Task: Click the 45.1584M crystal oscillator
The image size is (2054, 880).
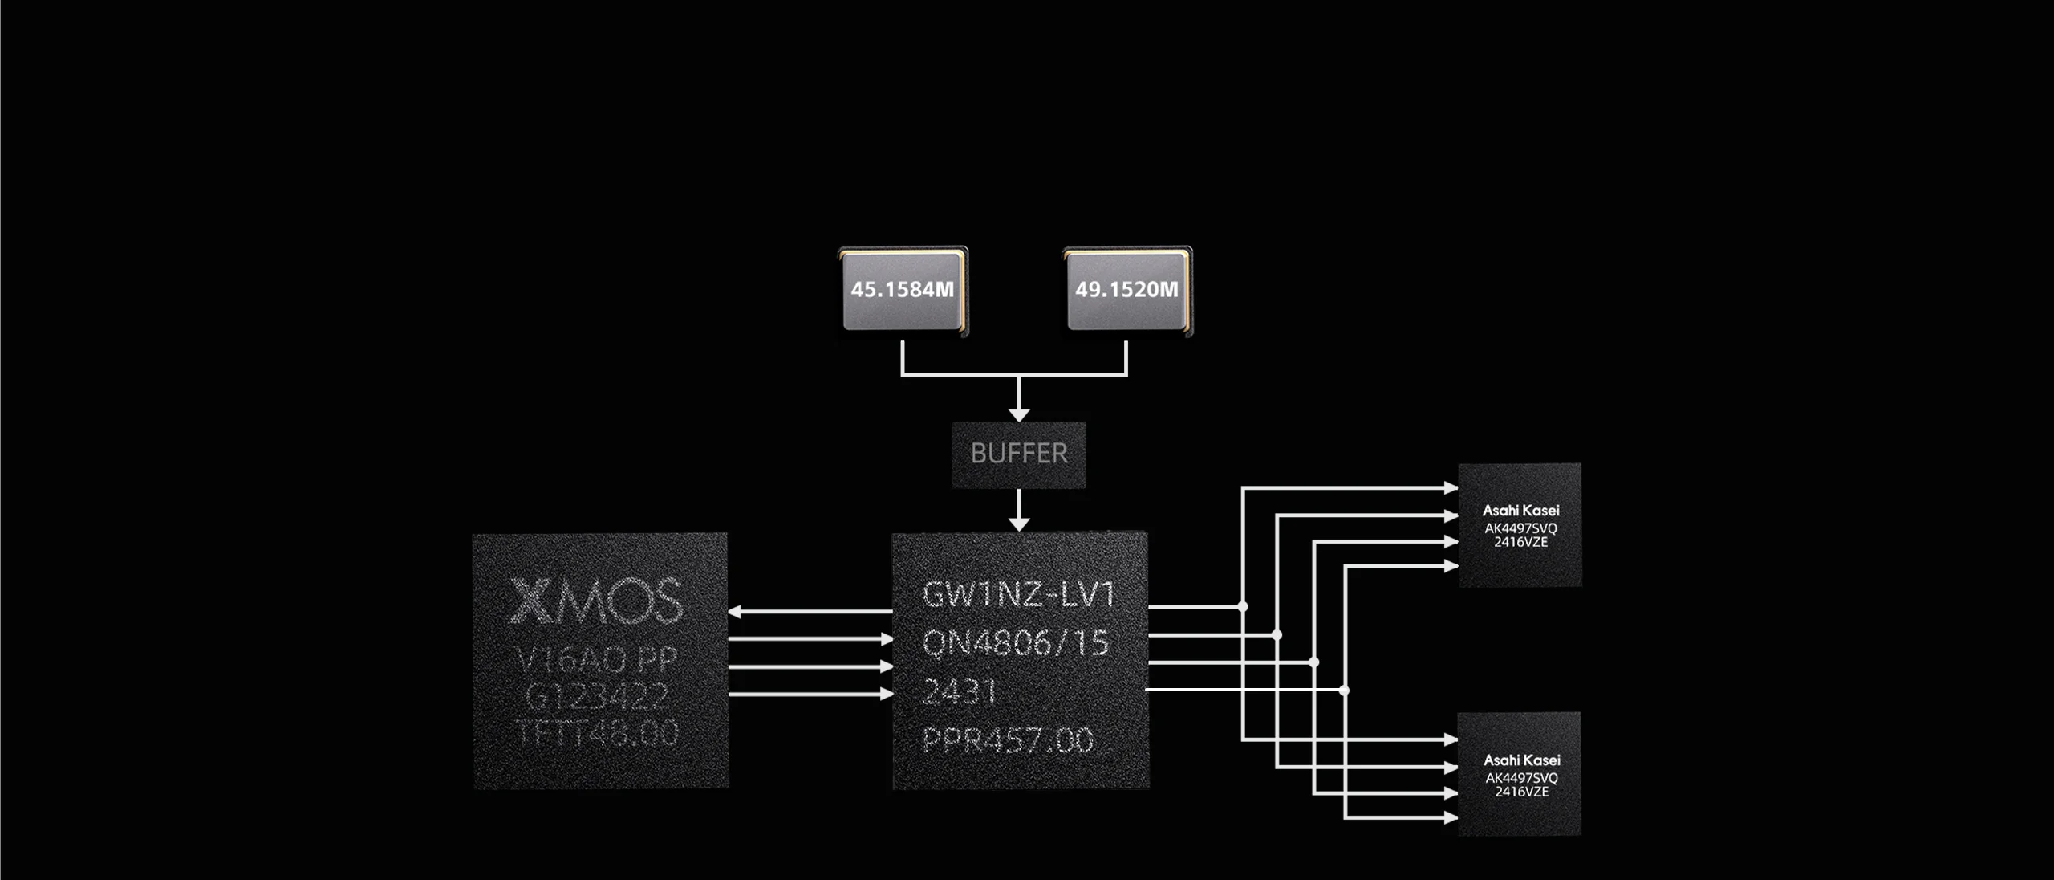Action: pyautogui.click(x=903, y=290)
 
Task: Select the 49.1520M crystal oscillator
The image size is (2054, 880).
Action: pyautogui.click(x=1127, y=290)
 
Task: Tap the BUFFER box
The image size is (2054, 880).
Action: pyautogui.click(x=1019, y=454)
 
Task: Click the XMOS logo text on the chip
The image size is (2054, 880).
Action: pyautogui.click(x=597, y=601)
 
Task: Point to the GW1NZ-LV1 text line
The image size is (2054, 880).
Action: pyautogui.click(x=1019, y=595)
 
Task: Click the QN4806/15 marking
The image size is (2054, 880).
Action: pyautogui.click(x=1016, y=643)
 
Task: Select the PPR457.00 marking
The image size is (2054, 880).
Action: pyautogui.click(x=1008, y=739)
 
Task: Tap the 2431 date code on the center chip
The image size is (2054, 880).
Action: pyautogui.click(x=960, y=691)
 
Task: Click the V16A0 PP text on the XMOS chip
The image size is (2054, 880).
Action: pyautogui.click(x=597, y=660)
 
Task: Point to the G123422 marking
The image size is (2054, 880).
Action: pyautogui.click(x=597, y=696)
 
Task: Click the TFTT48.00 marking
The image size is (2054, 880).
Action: pyautogui.click(x=597, y=732)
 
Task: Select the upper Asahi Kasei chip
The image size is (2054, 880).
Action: pyautogui.click(x=1520, y=525)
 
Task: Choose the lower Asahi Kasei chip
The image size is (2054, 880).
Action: pyautogui.click(x=1520, y=775)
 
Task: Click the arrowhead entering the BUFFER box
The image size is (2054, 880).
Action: pyautogui.click(x=1019, y=414)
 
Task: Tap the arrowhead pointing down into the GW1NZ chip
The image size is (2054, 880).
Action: pyautogui.click(x=1019, y=524)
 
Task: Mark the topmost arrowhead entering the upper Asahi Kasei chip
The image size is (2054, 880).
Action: pyautogui.click(x=1451, y=487)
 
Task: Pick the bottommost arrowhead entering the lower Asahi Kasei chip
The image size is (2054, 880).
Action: pyautogui.click(x=1451, y=818)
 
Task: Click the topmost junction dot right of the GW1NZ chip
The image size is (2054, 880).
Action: pyautogui.click(x=1243, y=607)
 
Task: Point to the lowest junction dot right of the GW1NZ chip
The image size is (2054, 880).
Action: pyautogui.click(x=1345, y=690)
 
